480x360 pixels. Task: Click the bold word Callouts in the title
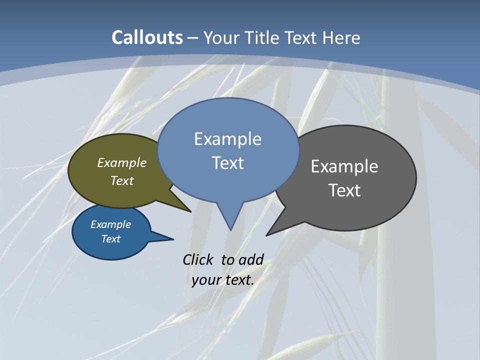(147, 37)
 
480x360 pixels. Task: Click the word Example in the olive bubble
(122, 162)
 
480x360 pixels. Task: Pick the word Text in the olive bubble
(122, 180)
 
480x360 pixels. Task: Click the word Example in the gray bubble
(344, 166)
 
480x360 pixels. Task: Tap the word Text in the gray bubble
(344, 190)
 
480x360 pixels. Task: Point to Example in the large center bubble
(228, 139)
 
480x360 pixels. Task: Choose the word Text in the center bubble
(228, 163)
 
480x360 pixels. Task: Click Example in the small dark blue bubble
(111, 224)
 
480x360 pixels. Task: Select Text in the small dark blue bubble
(111, 239)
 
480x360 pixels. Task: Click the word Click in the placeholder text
(198, 259)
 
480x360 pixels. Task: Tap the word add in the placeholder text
(251, 259)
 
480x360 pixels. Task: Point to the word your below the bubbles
(206, 280)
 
